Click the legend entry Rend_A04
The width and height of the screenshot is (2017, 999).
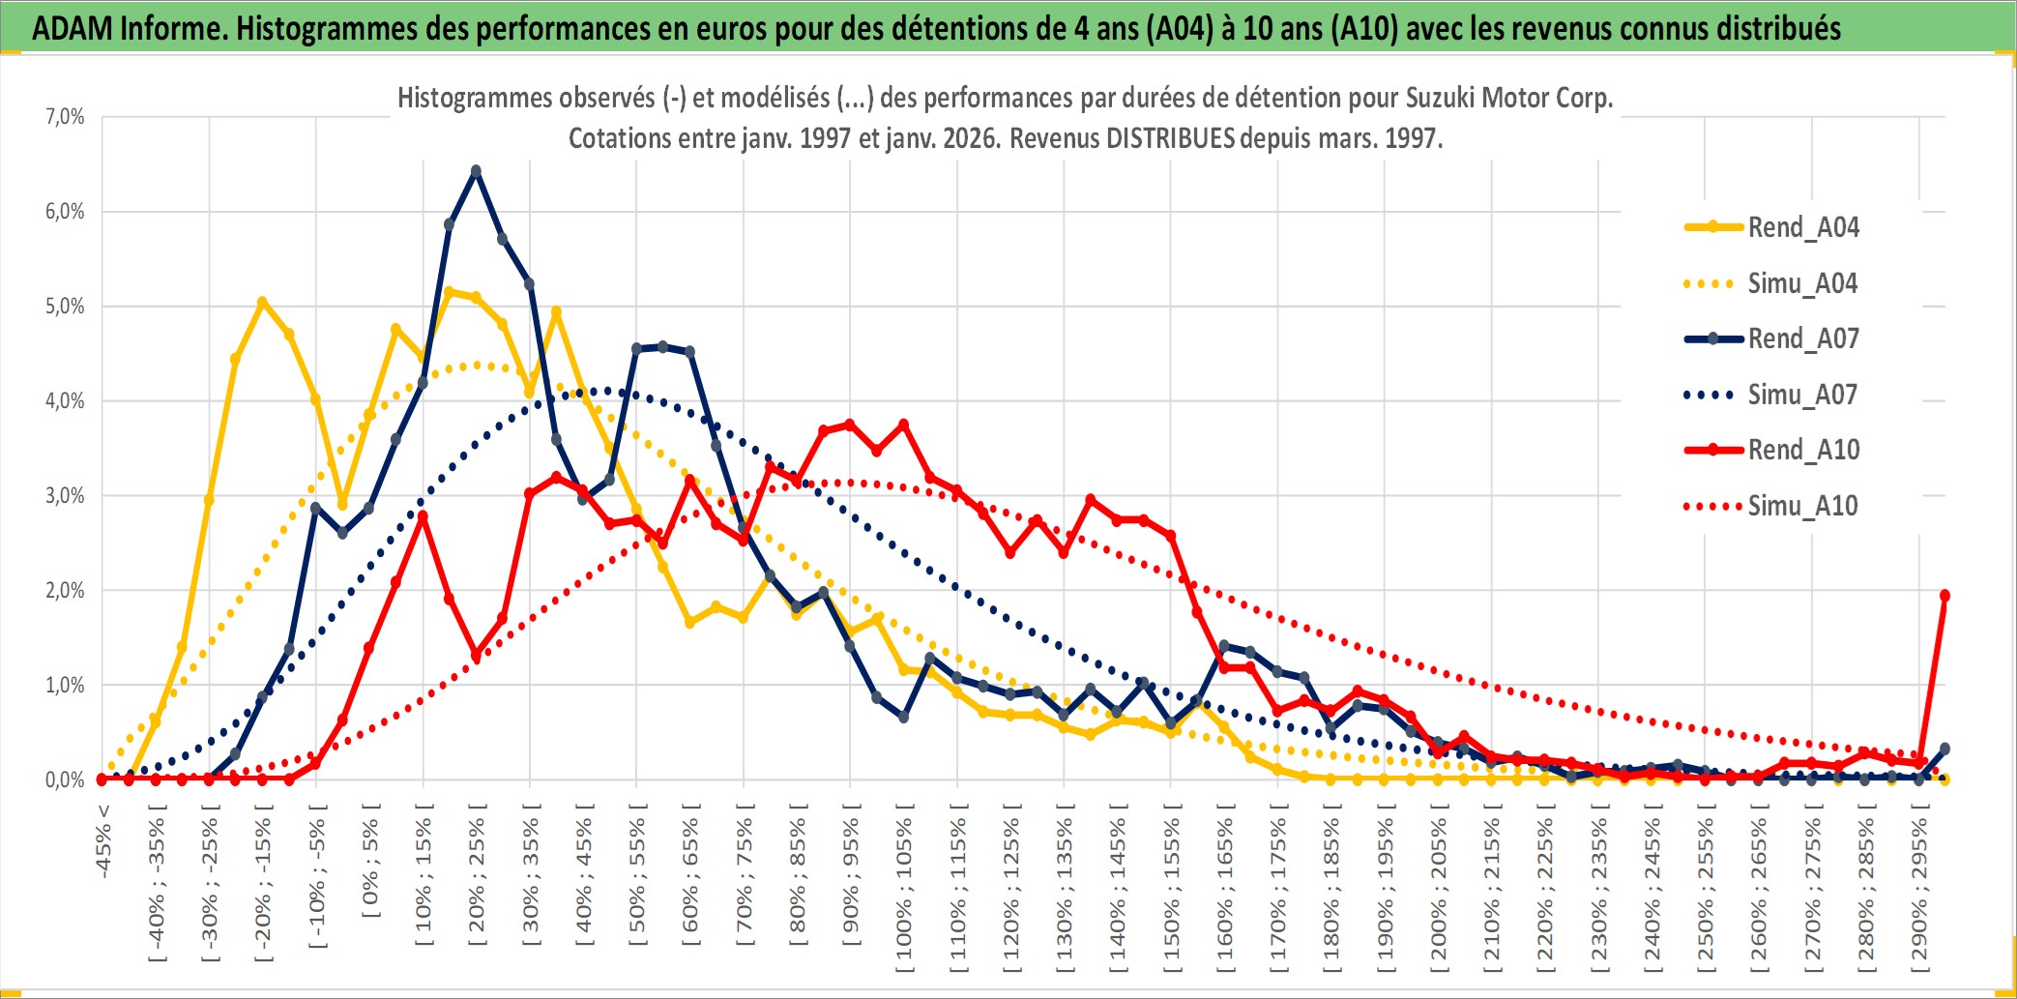pos(1802,227)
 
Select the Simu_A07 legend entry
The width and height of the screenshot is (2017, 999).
pos(1802,395)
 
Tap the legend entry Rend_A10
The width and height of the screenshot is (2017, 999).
pos(1802,450)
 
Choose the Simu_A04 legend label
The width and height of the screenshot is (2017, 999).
pos(1802,283)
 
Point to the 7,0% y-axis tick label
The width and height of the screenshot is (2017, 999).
pos(65,117)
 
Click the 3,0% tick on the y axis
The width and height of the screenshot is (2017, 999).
pos(65,496)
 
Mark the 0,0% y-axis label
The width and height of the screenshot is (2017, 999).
pos(65,779)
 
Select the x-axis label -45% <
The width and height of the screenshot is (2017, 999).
pos(103,841)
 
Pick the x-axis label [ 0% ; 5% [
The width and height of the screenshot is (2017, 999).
pos(370,861)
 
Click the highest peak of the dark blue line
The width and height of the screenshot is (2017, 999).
pos(476,171)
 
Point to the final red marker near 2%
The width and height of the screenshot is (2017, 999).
pos(1944,596)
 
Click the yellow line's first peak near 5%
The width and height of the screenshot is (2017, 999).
pos(262,302)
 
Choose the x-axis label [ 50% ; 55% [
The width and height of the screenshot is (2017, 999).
pos(637,881)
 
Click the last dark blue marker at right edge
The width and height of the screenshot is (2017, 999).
pos(1944,749)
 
